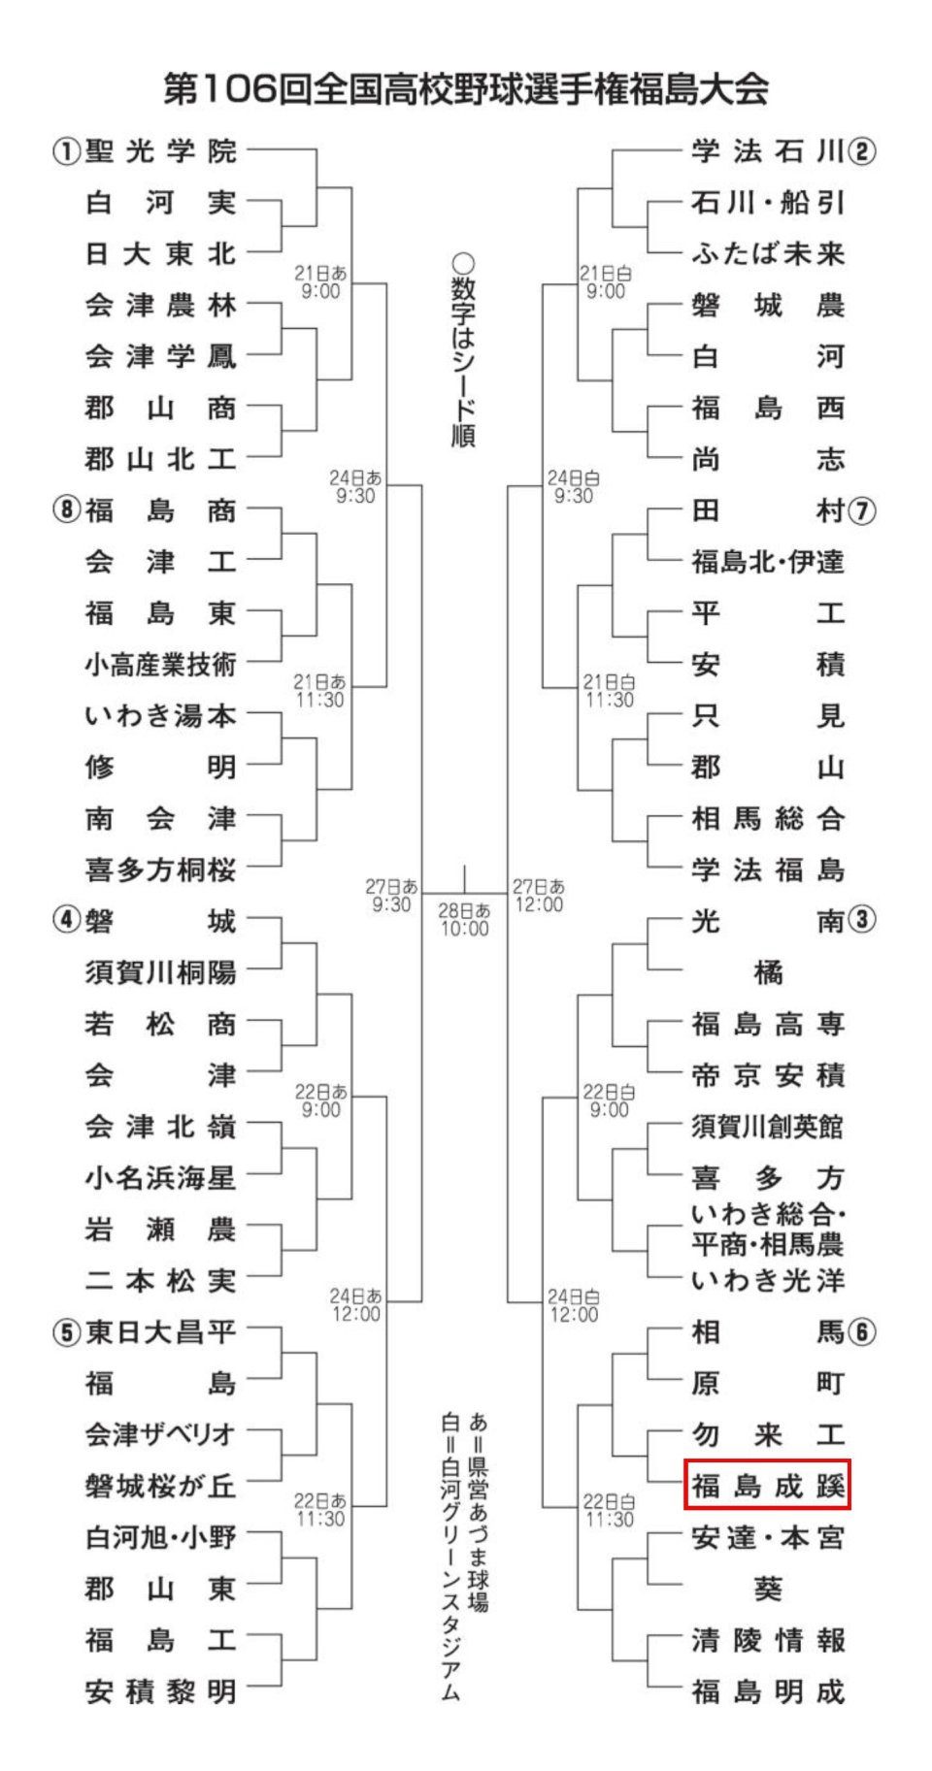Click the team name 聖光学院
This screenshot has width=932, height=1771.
(160, 151)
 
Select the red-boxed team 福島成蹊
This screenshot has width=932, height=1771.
(767, 1486)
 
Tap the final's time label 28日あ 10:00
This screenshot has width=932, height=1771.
(464, 919)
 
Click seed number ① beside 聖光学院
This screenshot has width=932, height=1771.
(65, 151)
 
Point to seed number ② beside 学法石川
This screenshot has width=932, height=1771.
(861, 151)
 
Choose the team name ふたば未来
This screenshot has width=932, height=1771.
(767, 254)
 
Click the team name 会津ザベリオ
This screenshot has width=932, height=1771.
(160, 1434)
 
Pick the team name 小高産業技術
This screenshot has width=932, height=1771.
(160, 665)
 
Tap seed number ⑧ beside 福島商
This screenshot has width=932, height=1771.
(65, 510)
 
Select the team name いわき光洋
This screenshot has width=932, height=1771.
(767, 1281)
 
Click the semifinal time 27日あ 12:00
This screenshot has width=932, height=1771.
(539, 896)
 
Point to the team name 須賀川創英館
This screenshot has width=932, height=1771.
(767, 1127)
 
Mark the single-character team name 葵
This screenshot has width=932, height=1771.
(767, 1589)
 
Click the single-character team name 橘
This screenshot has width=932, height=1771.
(767, 972)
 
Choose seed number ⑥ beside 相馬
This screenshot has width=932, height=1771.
(861, 1332)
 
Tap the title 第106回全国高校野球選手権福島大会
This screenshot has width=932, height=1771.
(466, 89)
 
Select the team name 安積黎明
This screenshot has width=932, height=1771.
(160, 1691)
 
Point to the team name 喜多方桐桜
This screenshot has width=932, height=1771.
(160, 869)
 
